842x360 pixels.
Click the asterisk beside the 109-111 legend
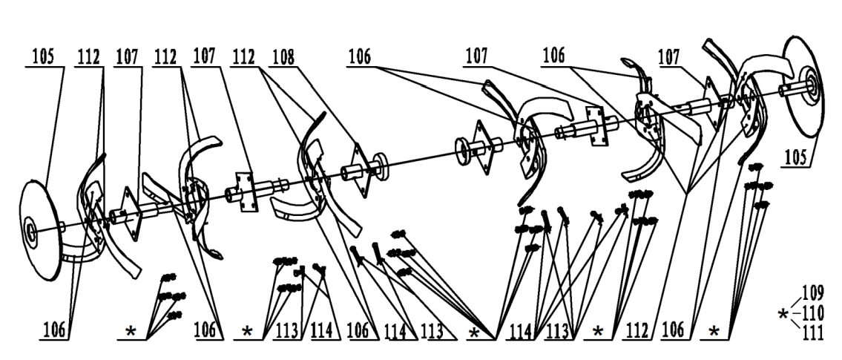click(783, 315)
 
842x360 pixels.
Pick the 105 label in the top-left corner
click(45, 56)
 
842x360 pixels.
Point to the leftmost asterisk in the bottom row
click(131, 331)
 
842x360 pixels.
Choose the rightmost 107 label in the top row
click(671, 56)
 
